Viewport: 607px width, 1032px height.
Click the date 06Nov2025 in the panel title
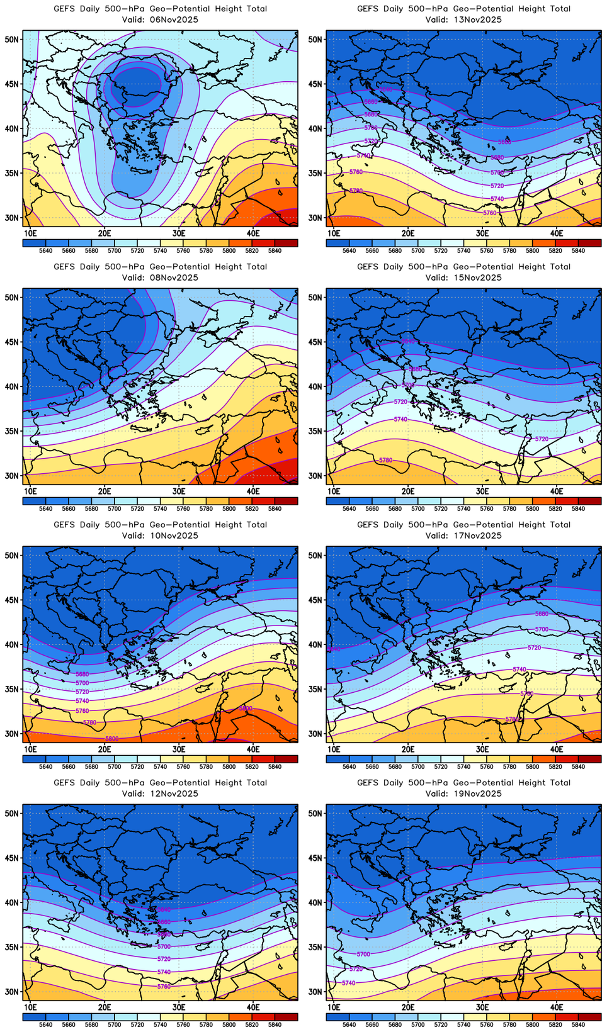tap(175, 20)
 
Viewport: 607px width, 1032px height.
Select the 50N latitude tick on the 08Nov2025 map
tap(13, 297)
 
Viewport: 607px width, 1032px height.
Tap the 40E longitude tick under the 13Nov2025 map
tap(557, 233)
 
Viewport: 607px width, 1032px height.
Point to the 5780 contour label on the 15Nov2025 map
tap(385, 461)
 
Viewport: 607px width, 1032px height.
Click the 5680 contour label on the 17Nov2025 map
tap(542, 614)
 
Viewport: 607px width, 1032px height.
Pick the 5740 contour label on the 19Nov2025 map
tap(348, 983)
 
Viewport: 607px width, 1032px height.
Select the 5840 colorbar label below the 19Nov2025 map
tap(578, 1024)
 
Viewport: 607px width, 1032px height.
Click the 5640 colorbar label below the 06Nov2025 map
tap(45, 250)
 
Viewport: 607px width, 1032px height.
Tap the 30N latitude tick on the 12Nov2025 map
tap(13, 992)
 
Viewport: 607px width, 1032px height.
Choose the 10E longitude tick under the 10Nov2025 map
tap(30, 749)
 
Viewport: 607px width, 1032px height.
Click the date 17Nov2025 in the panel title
tap(479, 536)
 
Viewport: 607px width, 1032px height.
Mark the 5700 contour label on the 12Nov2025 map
tap(164, 946)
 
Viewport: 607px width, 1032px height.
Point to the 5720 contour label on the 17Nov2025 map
tap(534, 648)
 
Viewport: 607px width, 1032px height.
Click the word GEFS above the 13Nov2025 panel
tap(368, 9)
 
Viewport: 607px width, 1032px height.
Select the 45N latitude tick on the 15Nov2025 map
tap(316, 342)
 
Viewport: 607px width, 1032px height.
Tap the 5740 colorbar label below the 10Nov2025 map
tap(160, 766)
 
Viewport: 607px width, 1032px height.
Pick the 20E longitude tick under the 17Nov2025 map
tap(408, 749)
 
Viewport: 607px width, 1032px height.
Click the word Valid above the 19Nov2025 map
tap(437, 794)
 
